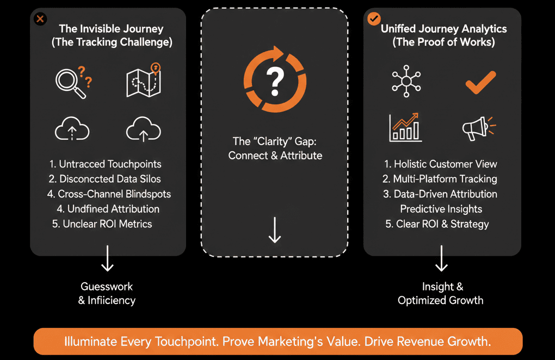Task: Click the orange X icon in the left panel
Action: (40, 20)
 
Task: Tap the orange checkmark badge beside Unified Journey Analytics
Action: (374, 19)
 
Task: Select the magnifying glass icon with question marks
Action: (72, 82)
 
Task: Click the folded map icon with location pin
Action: (144, 80)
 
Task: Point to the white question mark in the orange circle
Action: (275, 80)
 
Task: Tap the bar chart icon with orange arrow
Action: (405, 127)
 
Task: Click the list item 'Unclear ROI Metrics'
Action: (102, 224)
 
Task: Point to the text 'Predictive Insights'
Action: (441, 209)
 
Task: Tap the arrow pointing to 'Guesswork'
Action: (107, 258)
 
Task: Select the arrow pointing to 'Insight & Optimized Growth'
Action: (441, 258)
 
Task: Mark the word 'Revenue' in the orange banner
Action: (408, 342)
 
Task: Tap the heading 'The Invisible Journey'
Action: (111, 29)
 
